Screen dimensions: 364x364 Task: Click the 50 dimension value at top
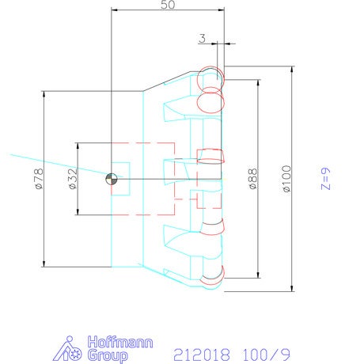point(168,5)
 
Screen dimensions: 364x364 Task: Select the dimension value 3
point(202,39)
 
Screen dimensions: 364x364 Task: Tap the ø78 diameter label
point(39,179)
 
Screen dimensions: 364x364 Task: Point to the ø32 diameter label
point(73,179)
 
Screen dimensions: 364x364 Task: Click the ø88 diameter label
point(252,179)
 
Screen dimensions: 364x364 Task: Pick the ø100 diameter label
point(286,178)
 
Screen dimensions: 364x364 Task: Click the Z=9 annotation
point(325,179)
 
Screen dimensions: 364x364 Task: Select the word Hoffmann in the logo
point(120,342)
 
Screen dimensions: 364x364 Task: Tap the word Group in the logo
point(108,355)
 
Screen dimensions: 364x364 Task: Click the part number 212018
point(202,355)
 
